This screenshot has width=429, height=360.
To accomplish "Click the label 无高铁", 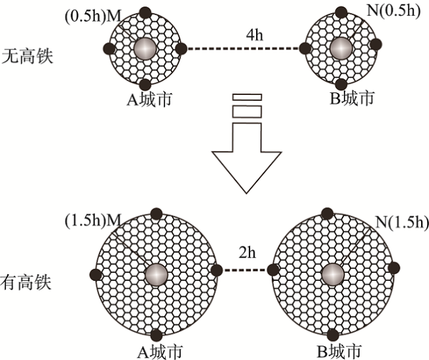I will pyautogui.click(x=27, y=55).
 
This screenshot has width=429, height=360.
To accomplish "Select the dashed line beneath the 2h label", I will pyautogui.click(x=247, y=269).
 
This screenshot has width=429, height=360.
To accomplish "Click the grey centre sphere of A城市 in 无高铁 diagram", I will pyautogui.click(x=145, y=49).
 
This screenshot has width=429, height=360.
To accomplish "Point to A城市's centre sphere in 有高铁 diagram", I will pyautogui.click(x=157, y=273).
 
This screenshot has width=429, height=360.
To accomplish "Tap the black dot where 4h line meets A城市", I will pyautogui.click(x=181, y=47).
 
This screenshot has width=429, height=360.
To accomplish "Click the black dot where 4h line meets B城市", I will pyautogui.click(x=304, y=47).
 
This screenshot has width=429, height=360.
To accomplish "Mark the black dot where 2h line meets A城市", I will pyautogui.click(x=216, y=270).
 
